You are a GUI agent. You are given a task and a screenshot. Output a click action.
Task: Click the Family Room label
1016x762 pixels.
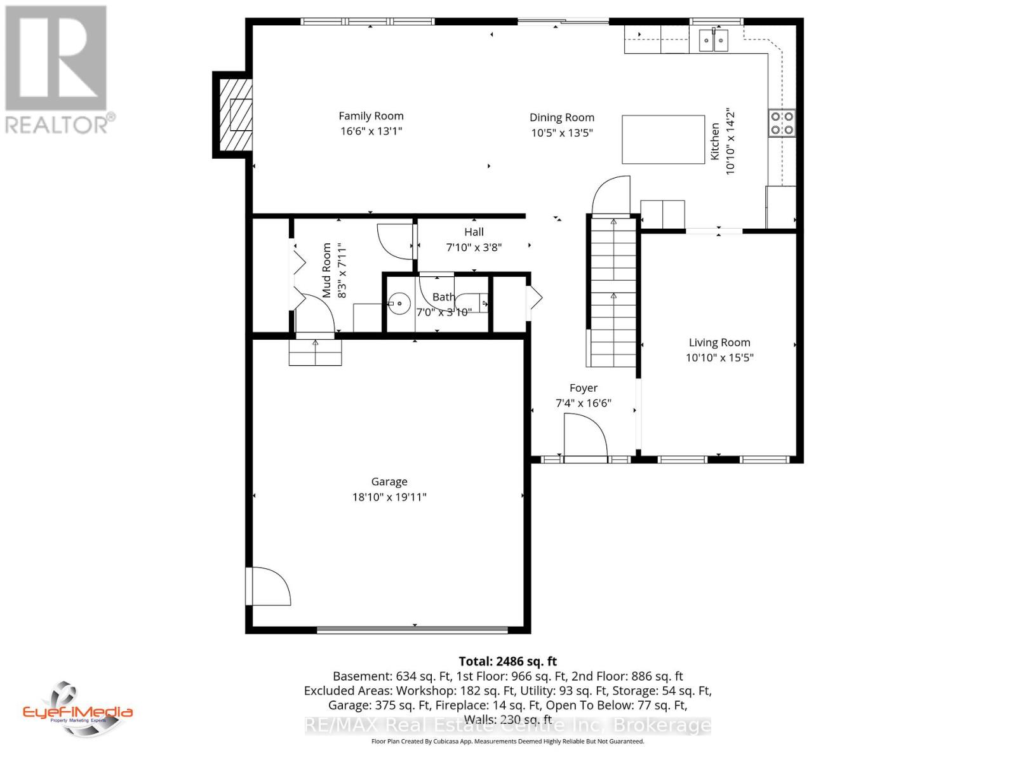[371, 116]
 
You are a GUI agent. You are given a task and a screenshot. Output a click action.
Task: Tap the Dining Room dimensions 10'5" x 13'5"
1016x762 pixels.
[562, 133]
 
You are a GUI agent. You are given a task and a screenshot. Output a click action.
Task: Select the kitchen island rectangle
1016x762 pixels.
[663, 139]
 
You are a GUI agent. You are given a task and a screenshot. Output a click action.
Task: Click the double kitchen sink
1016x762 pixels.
[714, 40]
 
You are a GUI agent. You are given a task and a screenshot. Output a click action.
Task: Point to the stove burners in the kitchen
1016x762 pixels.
[782, 123]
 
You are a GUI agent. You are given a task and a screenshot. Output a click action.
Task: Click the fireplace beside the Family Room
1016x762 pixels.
[232, 115]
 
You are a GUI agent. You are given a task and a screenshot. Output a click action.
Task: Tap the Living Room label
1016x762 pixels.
[719, 342]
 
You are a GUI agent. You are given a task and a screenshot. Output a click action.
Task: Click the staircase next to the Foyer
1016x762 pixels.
[613, 292]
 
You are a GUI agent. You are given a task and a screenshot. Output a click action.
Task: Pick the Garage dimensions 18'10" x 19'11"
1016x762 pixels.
[389, 497]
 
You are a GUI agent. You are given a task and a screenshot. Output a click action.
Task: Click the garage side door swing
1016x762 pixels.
[268, 585]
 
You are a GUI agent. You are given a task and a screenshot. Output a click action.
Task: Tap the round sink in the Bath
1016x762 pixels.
[399, 304]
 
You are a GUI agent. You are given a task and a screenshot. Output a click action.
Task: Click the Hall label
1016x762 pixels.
[474, 232]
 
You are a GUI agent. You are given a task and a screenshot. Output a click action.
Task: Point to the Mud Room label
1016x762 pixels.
[327, 270]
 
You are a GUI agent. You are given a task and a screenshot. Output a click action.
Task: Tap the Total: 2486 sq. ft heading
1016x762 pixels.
[507, 661]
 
